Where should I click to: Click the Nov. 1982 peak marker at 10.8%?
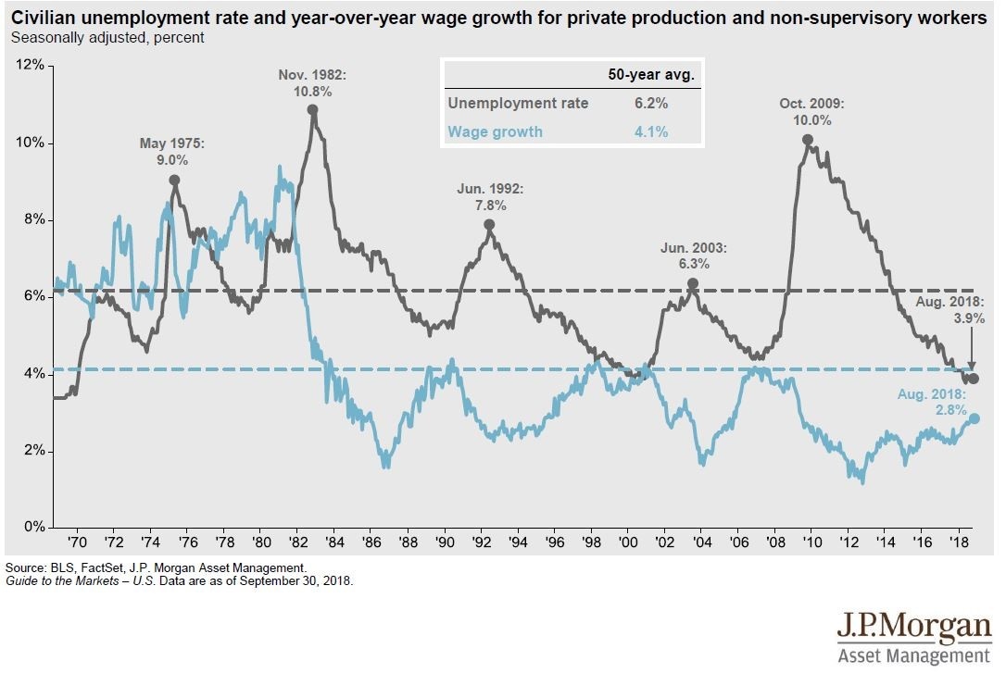coord(313,109)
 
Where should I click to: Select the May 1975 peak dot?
coord(174,181)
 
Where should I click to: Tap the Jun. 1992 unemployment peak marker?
coord(489,225)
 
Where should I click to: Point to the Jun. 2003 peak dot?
coord(692,284)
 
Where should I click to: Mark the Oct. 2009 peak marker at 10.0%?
coord(808,140)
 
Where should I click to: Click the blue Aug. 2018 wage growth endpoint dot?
coord(974,418)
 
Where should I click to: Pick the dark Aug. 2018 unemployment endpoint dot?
coord(974,379)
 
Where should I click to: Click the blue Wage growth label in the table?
coord(495,131)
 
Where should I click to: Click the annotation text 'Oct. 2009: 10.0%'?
coord(811,112)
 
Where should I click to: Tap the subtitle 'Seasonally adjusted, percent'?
coord(107,38)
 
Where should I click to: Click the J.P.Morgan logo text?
coord(913,627)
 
